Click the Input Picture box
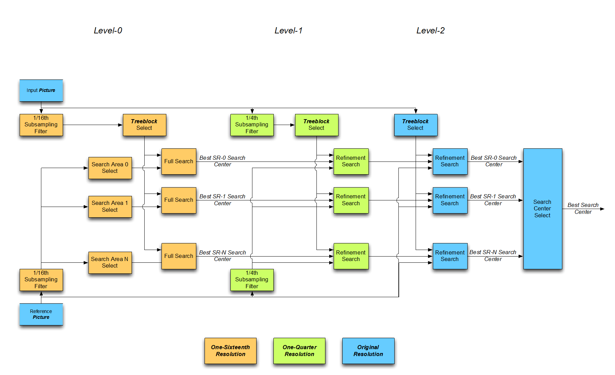coord(41,91)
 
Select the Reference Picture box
coord(41,314)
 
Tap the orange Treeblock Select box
coord(144,125)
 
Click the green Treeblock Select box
coord(316,125)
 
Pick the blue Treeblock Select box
coord(416,125)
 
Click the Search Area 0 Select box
coord(110,168)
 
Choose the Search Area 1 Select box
coord(110,207)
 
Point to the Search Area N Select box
coord(110,262)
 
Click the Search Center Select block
coord(542,209)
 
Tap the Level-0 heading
coord(108,31)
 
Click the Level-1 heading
coord(288,31)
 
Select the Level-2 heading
coord(430,31)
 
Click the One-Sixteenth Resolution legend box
coord(230,351)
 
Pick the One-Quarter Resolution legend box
coord(299,351)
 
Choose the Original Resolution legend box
coord(368,351)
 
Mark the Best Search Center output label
coord(583,208)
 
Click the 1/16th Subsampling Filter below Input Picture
coord(41,125)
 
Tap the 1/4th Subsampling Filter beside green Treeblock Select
coord(252,125)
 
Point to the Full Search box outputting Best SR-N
coord(179,256)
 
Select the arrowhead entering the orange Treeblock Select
coord(121,125)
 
